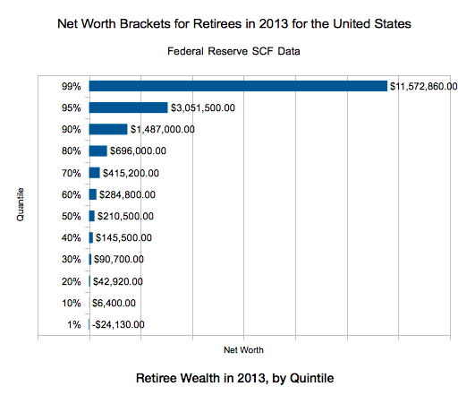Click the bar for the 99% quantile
pos(238,86)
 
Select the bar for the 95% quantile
pos(129,107)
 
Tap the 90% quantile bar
pos(108,129)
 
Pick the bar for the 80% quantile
pos(98,150)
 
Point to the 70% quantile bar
pos(95,173)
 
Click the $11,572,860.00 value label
pos(423,87)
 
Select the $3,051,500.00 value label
pos(203,108)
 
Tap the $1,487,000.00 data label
pos(163,130)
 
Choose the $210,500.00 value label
pos(125,217)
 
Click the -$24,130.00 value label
pos(118,325)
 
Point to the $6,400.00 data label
pos(114,303)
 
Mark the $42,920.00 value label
pos(118,282)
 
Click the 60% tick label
pos(72,194)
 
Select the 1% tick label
pos(74,325)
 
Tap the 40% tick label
pos(72,238)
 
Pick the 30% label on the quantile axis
pos(72,260)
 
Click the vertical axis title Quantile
pos(21,205)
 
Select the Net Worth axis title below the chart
pos(243,350)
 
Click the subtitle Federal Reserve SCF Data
pos(233,51)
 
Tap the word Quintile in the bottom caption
pos(311,378)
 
